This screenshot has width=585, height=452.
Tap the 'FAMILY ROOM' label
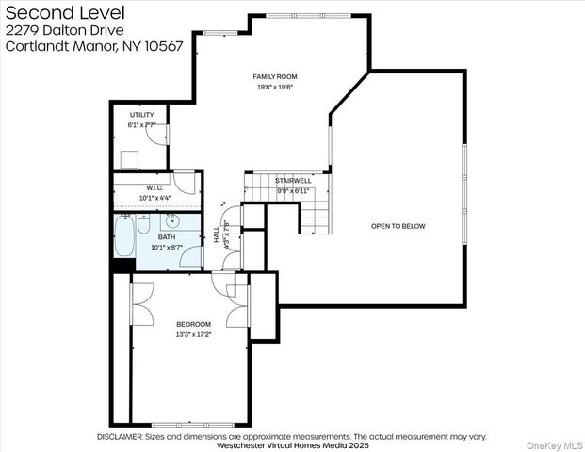(x=274, y=75)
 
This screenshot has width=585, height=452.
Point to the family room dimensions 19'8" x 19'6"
(x=274, y=87)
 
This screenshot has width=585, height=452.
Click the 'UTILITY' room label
(x=141, y=115)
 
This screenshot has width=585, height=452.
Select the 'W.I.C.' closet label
(x=155, y=186)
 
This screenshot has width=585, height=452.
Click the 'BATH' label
(x=166, y=236)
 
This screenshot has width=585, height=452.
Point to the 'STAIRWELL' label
(x=293, y=180)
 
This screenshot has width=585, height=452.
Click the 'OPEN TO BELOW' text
(x=398, y=226)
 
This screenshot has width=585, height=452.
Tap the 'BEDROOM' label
(x=193, y=324)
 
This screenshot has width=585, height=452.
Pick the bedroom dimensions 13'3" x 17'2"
(x=193, y=334)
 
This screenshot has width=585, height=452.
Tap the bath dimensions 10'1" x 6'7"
(x=167, y=247)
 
